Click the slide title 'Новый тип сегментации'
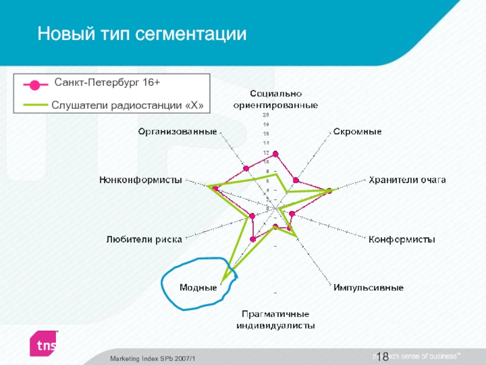tap(142, 33)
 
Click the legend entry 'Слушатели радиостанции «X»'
tap(127, 105)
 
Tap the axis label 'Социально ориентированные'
tap(276, 99)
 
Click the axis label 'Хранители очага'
tap(406, 179)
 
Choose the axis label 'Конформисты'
tap(402, 240)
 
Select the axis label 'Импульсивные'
tap(368, 287)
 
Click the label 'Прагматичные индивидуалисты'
tap(276, 319)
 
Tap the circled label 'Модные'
tap(198, 287)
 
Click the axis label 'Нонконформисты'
tap(141, 179)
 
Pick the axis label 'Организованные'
tap(177, 131)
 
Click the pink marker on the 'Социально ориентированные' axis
tap(275, 154)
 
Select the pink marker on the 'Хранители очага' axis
tap(329, 191)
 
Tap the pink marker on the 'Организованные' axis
tap(246, 168)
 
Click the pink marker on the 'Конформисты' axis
tap(292, 213)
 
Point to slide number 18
tap(383, 356)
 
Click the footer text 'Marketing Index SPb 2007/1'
tap(156, 358)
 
